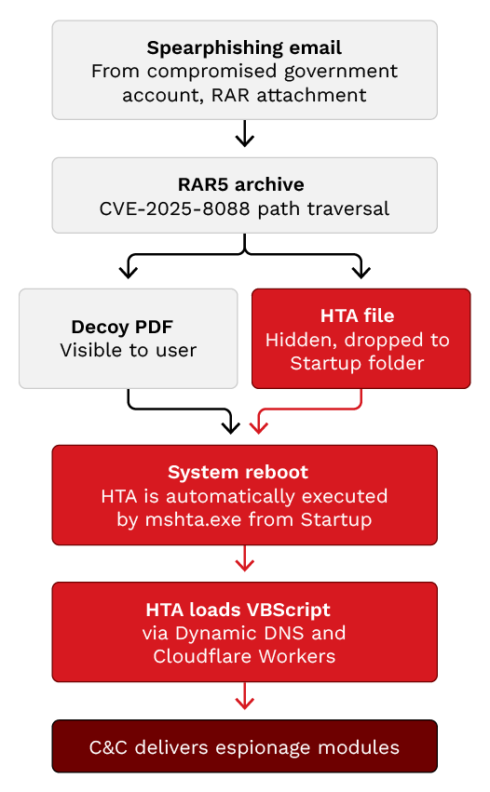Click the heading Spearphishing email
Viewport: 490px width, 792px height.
coord(244,48)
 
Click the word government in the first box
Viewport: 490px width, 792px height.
coord(341,72)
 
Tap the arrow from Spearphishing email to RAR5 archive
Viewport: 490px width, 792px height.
coord(245,133)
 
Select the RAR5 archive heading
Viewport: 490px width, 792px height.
coord(241,184)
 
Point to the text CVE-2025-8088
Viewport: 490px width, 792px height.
coord(174,208)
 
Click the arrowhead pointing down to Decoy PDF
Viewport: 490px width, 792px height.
coord(129,272)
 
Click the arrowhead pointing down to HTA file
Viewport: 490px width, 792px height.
coord(361,272)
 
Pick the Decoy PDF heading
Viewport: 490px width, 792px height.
coord(122,327)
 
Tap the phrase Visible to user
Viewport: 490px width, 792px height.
coord(129,350)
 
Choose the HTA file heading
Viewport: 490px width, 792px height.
coord(358,315)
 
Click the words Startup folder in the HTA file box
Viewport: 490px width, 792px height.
coord(358,363)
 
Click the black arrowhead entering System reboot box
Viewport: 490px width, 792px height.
coord(231,427)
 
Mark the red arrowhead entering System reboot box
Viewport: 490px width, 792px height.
coord(259,427)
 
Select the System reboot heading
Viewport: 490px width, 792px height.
coord(238,472)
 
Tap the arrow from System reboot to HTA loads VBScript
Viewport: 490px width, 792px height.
coord(245,558)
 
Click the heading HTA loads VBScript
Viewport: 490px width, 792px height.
coord(238,610)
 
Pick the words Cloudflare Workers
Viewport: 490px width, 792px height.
coord(244,656)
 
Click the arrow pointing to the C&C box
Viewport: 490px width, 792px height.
coord(245,695)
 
